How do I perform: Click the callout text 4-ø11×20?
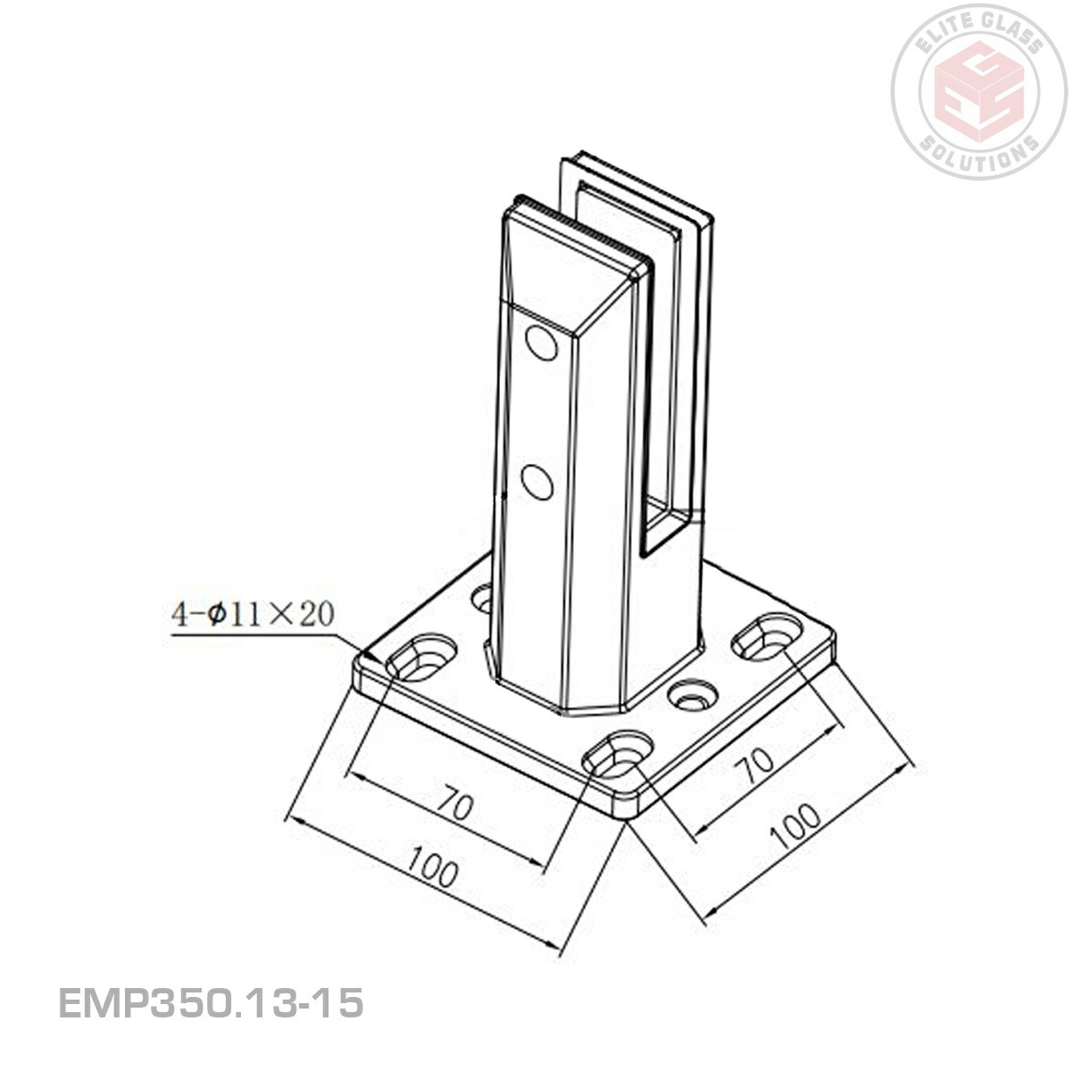(x=253, y=615)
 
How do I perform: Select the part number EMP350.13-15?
(x=211, y=1003)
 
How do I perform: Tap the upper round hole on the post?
(x=540, y=344)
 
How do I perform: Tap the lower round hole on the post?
(x=536, y=482)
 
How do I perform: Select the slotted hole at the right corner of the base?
(x=767, y=633)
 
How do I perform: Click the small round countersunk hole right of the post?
(x=693, y=695)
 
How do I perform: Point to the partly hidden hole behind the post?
(x=483, y=597)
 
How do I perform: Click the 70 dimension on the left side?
(x=454, y=806)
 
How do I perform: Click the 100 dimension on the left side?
(x=433, y=868)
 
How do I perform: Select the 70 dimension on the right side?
(x=757, y=763)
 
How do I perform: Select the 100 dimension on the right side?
(x=795, y=825)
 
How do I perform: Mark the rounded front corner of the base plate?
(x=627, y=812)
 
